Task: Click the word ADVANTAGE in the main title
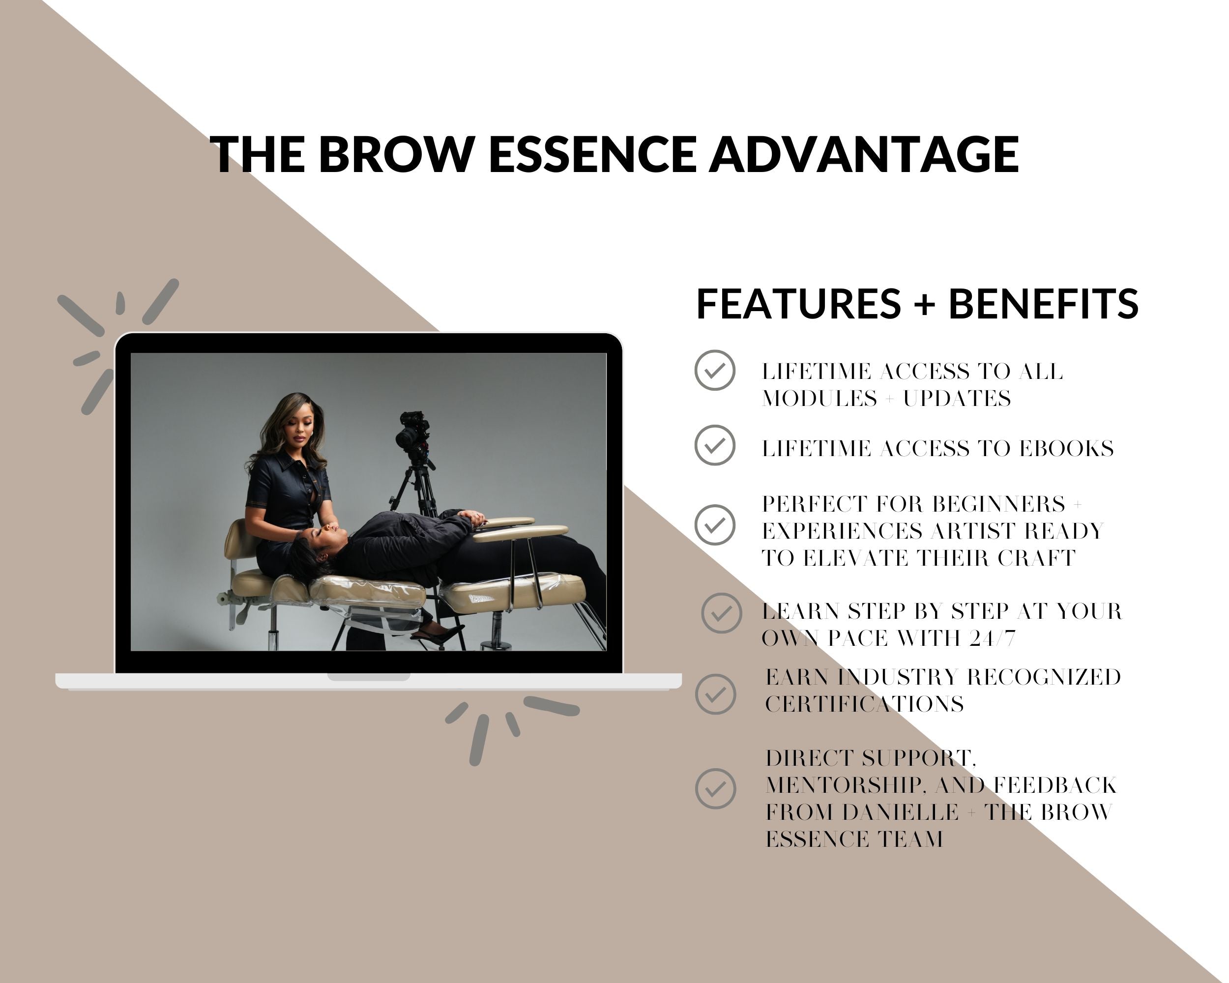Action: click(x=864, y=154)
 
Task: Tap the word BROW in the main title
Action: click(x=397, y=154)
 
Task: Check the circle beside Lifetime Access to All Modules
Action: click(x=715, y=371)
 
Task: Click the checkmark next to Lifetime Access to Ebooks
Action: click(x=715, y=445)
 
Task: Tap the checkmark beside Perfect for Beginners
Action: click(x=715, y=525)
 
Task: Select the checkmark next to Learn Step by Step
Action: click(x=722, y=613)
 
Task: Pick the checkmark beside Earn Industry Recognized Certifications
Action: click(x=715, y=694)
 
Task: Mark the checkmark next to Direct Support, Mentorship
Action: click(x=715, y=789)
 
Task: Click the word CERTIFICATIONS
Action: click(x=864, y=705)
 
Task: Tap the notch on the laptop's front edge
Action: click(x=368, y=677)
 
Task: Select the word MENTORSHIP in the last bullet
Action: click(x=846, y=786)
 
